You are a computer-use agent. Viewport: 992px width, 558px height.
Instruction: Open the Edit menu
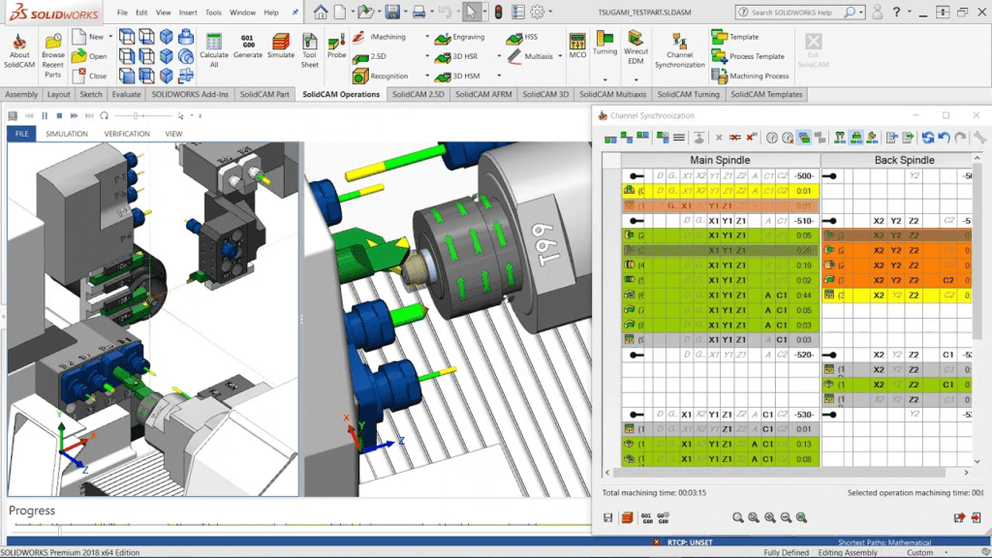coord(141,13)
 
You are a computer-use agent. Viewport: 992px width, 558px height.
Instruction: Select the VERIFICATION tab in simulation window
coord(127,134)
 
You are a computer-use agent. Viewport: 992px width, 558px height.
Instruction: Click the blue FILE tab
coord(21,134)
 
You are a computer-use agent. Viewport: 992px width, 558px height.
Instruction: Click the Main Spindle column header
coord(719,160)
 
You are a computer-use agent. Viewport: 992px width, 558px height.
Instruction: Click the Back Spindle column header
coord(905,160)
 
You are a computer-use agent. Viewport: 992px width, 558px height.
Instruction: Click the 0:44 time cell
coord(803,294)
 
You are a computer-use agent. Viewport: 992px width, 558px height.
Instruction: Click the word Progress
coord(32,511)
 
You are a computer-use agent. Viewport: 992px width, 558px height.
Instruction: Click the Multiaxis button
coord(538,56)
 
